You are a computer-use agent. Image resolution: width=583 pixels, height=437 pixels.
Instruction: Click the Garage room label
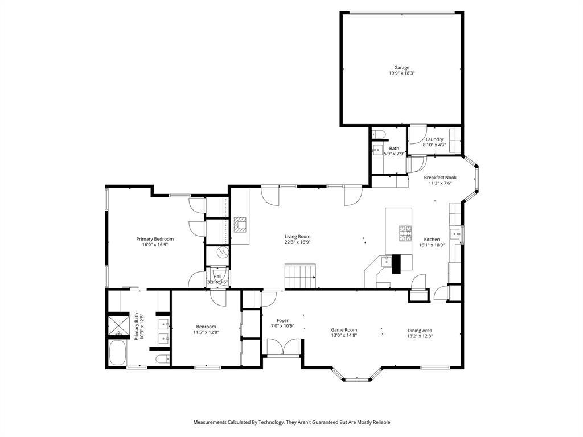coord(401,67)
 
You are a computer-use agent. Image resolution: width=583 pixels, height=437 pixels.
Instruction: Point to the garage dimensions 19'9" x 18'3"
coord(401,73)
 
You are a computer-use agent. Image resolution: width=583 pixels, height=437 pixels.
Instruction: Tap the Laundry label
coord(434,139)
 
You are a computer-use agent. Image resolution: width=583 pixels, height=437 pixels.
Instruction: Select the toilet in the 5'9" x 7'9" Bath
coord(380,134)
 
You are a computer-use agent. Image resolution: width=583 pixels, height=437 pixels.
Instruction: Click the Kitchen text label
coord(432,240)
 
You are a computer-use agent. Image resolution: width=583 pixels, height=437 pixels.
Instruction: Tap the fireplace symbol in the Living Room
coord(241,225)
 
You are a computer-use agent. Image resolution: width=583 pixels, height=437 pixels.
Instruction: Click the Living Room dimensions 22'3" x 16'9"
coord(298,242)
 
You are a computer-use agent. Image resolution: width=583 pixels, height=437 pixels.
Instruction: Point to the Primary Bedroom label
coord(154,239)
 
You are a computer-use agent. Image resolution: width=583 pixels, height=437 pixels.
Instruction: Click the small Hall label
coord(217,276)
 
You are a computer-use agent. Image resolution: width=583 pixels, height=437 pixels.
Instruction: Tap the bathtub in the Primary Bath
coord(117,353)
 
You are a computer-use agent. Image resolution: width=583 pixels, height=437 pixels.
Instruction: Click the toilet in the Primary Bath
coord(162,358)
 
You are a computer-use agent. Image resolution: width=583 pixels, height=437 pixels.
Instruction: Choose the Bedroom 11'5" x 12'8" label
coord(206,327)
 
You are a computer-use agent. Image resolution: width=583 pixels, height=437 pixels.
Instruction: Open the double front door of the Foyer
coord(284,347)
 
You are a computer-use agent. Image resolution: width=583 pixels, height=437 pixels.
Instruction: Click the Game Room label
coord(344,329)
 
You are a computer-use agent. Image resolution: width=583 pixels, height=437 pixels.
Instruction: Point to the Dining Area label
coord(420,331)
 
